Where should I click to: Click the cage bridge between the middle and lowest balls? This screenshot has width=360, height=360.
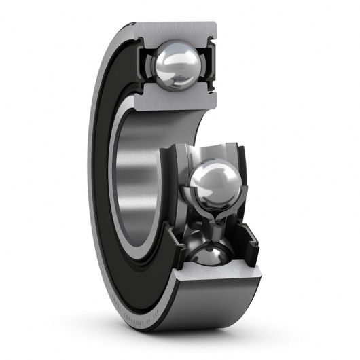point(215,228)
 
